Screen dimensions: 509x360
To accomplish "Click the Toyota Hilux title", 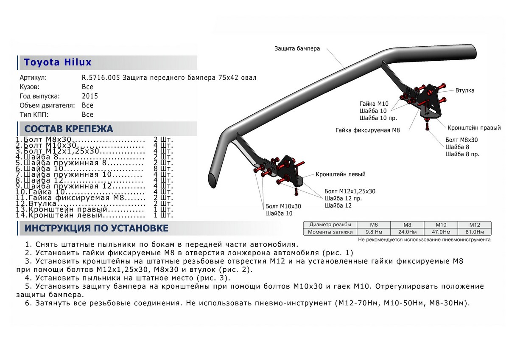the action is (58, 62).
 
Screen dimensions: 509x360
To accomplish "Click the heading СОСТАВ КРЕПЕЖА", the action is (69, 129).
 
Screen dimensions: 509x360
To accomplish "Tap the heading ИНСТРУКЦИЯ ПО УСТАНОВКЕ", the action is (96, 228).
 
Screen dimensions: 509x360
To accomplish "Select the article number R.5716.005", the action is (101, 78).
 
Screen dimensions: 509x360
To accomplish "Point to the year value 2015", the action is (90, 96).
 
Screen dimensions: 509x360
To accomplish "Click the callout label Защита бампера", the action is (297, 48).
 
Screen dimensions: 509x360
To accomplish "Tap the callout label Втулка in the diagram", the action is (465, 90).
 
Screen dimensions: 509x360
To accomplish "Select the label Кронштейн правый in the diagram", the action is (474, 128).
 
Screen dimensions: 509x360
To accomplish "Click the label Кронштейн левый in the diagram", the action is (340, 174).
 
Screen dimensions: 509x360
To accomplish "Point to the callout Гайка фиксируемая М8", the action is (367, 130).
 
